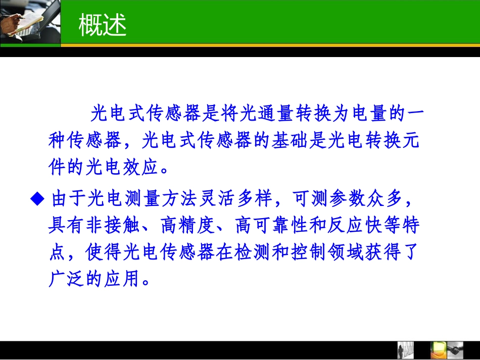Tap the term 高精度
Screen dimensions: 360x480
point(187,225)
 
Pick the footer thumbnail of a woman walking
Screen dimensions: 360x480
point(405,349)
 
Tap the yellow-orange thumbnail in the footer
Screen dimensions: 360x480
point(436,349)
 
